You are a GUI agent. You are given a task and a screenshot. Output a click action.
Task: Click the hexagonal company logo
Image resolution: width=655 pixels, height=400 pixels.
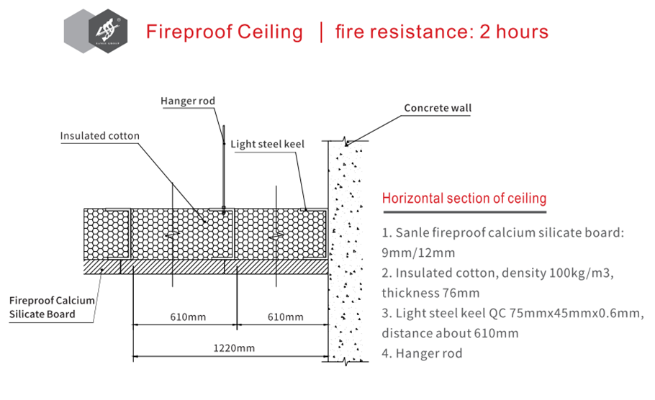(x=97, y=31)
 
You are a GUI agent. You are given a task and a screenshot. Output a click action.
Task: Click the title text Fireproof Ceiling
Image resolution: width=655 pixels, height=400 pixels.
(x=224, y=32)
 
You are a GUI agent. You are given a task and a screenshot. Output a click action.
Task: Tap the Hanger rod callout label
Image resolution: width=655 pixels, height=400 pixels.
(x=188, y=101)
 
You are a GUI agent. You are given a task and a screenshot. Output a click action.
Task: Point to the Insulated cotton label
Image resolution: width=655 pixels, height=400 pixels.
(x=99, y=136)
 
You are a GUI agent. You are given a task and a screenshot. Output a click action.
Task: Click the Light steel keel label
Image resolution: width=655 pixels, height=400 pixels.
(x=267, y=144)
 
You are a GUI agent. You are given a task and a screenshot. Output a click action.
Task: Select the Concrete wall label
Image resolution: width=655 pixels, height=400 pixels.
(x=438, y=109)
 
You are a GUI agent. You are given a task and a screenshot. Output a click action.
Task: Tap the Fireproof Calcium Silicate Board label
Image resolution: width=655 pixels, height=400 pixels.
(x=52, y=307)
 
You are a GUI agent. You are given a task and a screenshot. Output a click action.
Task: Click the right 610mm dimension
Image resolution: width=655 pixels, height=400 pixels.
(x=285, y=317)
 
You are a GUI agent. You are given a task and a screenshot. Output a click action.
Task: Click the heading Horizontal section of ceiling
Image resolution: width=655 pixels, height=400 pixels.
(x=464, y=198)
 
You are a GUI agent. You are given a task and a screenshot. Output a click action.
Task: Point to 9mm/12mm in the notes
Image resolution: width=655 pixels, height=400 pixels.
(x=418, y=253)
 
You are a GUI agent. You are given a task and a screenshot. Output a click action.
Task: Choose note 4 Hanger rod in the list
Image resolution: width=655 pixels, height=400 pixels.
(x=422, y=353)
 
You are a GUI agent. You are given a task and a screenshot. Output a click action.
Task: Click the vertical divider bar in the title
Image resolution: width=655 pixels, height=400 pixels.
(x=321, y=32)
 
